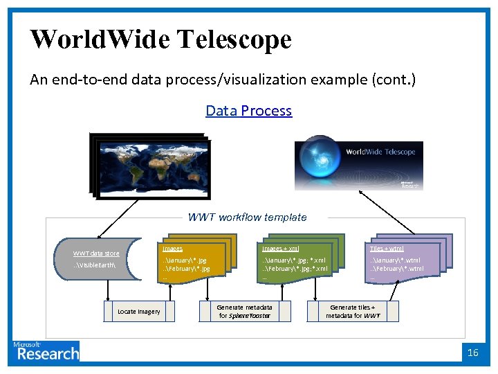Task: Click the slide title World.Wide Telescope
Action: coord(160,39)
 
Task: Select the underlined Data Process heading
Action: coord(248,111)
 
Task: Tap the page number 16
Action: coord(473,353)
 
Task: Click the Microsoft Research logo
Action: coord(46,351)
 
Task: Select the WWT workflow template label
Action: coord(247,217)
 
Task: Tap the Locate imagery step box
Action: coord(138,312)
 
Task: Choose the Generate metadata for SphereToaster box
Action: coord(244,311)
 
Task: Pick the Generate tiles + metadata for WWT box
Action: coord(353,311)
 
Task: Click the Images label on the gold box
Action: coord(172,248)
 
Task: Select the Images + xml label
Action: coord(280,248)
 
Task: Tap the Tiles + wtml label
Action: coord(387,248)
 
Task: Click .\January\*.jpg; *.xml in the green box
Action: coord(293,260)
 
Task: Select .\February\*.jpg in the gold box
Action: coord(186,269)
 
